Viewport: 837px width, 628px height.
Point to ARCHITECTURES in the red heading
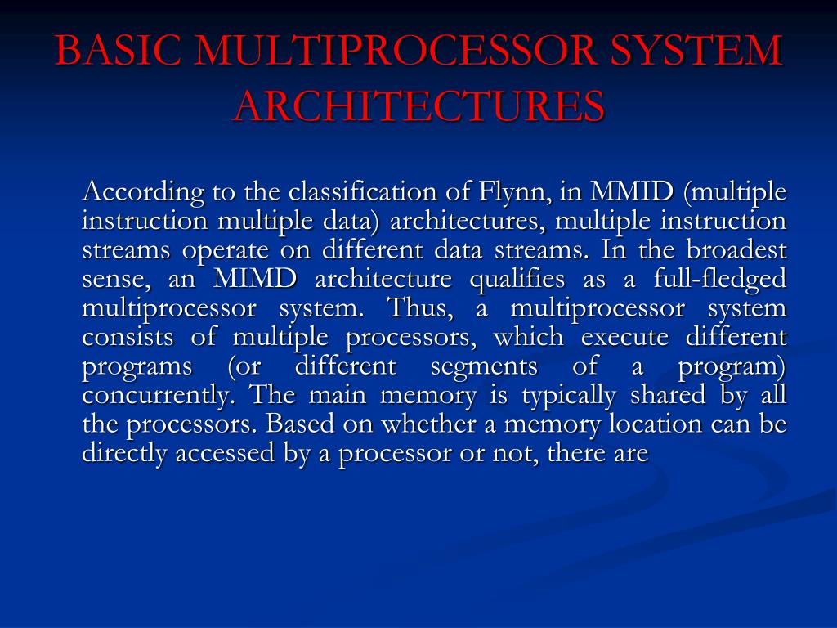click(418, 105)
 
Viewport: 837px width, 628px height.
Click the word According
click(132, 193)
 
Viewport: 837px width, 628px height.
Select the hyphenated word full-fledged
click(720, 280)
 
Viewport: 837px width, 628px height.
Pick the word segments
click(484, 366)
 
